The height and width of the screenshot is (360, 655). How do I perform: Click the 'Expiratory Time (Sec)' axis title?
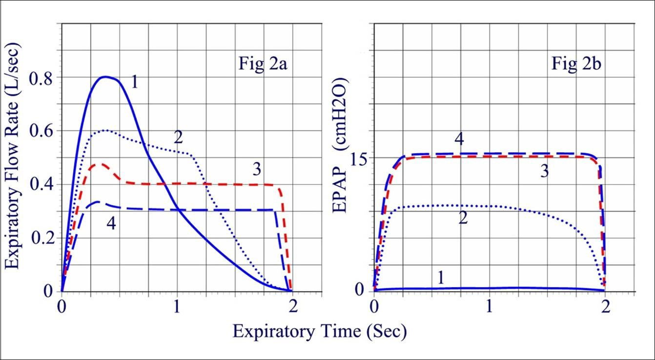(x=319, y=332)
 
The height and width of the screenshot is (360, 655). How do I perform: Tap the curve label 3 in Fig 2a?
(x=257, y=169)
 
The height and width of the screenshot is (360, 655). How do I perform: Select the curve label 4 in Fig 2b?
(x=459, y=140)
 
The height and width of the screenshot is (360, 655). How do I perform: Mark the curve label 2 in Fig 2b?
(x=463, y=218)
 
